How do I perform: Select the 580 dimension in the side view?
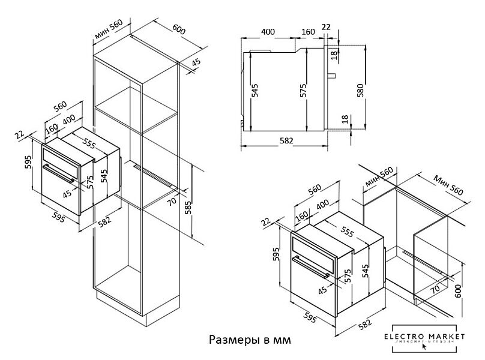click(360, 90)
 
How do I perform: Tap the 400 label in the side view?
click(268, 31)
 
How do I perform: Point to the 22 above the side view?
click(326, 26)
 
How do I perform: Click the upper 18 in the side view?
click(334, 55)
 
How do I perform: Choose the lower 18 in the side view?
click(344, 120)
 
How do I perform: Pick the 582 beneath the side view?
click(286, 140)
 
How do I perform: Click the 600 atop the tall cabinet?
click(179, 28)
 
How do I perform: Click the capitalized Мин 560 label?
click(448, 184)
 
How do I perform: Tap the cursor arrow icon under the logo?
click(424, 347)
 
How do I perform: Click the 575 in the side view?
click(304, 90)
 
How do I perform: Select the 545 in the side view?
click(255, 90)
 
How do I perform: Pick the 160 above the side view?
click(308, 31)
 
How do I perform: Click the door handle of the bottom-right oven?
click(312, 266)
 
